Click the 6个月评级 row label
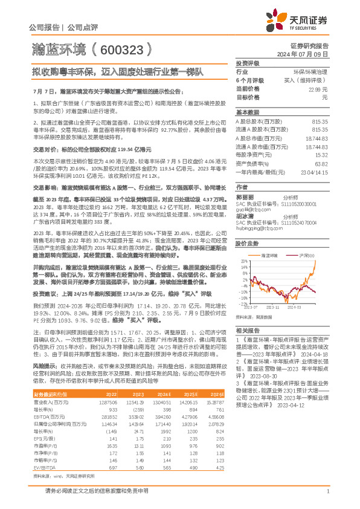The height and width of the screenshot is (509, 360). pyautogui.click(x=249, y=80)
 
